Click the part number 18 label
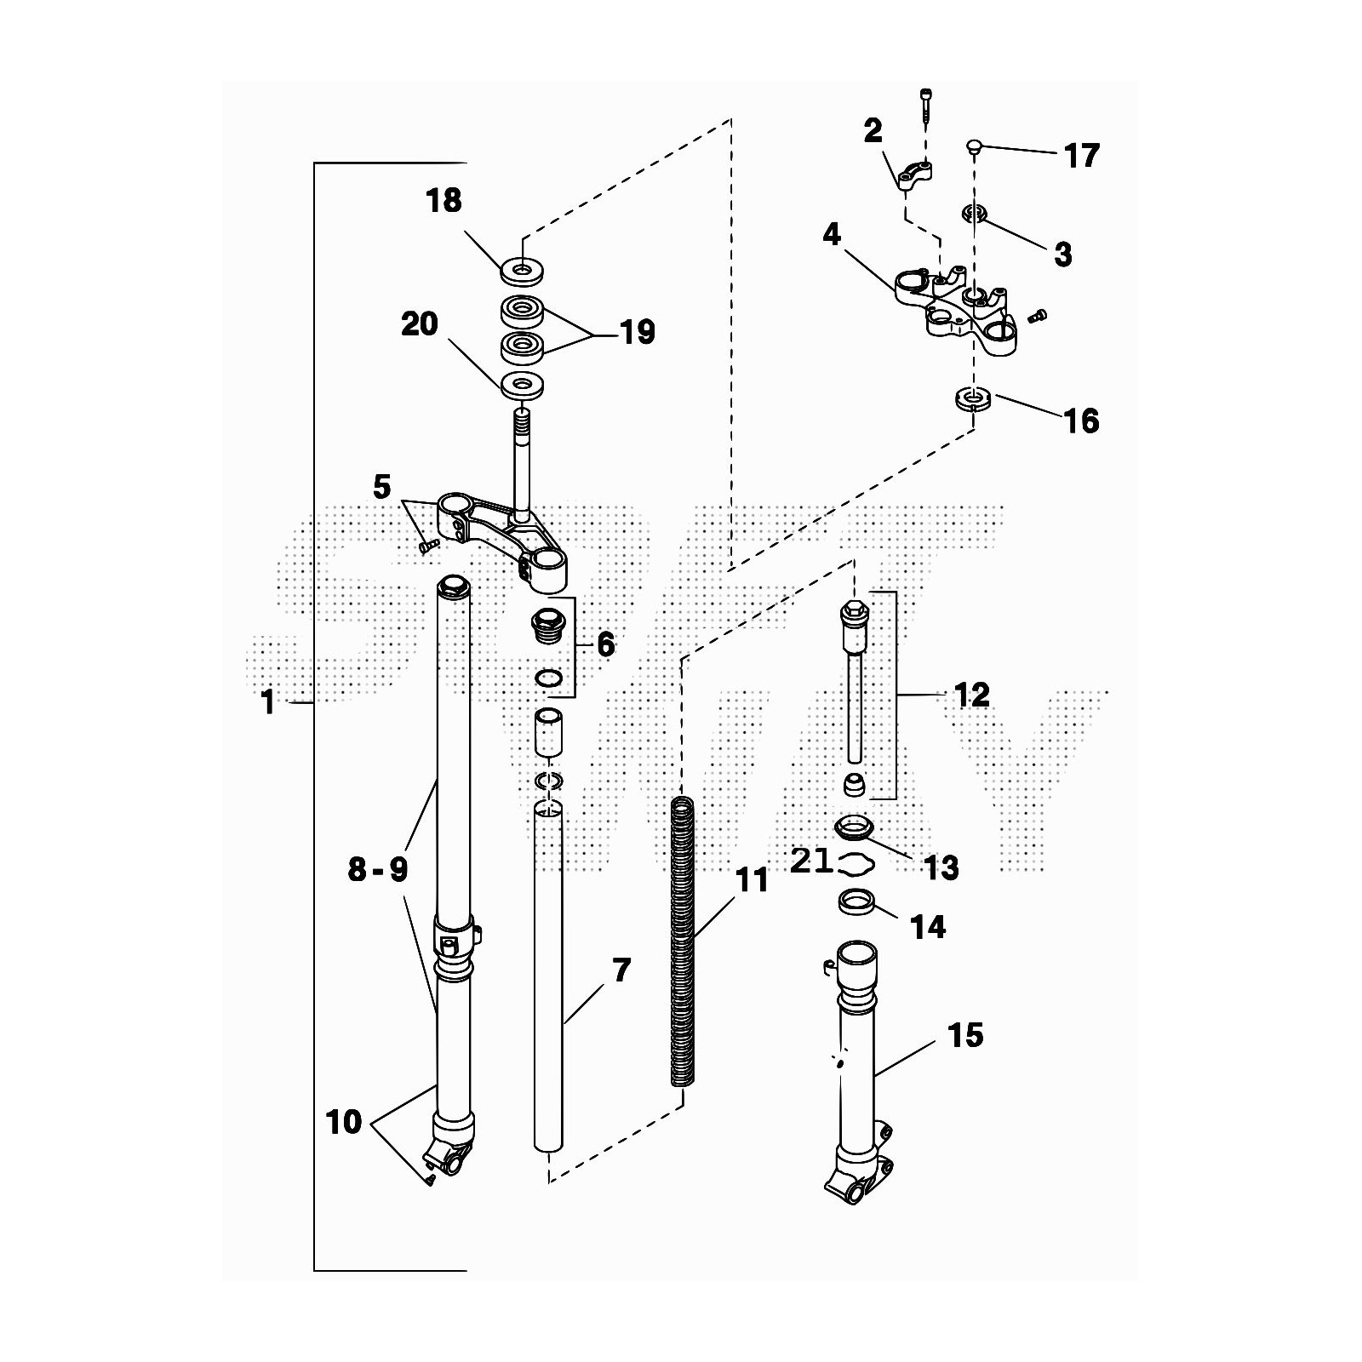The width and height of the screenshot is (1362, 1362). pyautogui.click(x=444, y=201)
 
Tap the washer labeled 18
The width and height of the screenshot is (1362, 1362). pyautogui.click(x=522, y=272)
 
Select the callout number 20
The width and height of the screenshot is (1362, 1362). pyautogui.click(x=420, y=324)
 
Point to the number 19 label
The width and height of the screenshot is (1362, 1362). pyautogui.click(x=638, y=332)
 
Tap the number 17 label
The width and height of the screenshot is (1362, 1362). pyautogui.click(x=1081, y=156)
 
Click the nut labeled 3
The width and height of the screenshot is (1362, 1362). pyautogui.click(x=975, y=214)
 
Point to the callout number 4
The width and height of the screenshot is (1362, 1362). pyautogui.click(x=832, y=235)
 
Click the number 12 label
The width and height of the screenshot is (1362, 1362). pyautogui.click(x=972, y=695)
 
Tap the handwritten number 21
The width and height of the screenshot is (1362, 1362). pyautogui.click(x=810, y=861)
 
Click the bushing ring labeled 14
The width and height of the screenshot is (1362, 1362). pyautogui.click(x=858, y=901)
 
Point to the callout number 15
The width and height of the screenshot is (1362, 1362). pyautogui.click(x=964, y=1036)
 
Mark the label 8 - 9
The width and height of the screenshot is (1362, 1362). pyautogui.click(x=377, y=869)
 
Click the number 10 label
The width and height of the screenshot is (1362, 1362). pyautogui.click(x=344, y=1122)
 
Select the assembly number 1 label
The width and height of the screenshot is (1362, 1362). pyautogui.click(x=268, y=702)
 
